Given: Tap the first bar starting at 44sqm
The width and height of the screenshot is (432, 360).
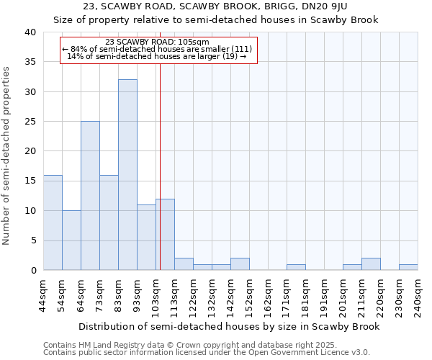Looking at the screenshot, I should click(x=53, y=222).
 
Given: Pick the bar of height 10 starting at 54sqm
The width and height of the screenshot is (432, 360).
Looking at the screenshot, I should click(x=71, y=240).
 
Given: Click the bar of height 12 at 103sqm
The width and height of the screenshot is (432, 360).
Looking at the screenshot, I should click(x=165, y=235).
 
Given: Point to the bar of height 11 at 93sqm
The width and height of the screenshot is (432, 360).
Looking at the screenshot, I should click(x=146, y=238).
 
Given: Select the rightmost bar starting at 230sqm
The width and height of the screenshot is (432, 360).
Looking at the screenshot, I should click(x=408, y=267).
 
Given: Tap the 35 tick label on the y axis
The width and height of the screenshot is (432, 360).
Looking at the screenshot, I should click(x=30, y=62).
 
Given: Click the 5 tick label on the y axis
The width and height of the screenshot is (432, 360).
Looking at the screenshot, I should click(x=33, y=240).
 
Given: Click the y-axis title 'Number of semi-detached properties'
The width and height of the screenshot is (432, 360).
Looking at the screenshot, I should click(x=7, y=156).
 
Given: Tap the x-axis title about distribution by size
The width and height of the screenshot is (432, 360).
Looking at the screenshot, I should click(x=228, y=326).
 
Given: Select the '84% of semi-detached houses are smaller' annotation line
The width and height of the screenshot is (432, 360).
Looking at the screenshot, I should click(x=157, y=49).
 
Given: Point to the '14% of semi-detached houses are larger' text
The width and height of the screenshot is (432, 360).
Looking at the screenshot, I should click(x=156, y=56).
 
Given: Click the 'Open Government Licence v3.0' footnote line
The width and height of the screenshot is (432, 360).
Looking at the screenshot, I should click(x=207, y=352).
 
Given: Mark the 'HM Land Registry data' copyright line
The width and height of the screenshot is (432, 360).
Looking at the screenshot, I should click(x=185, y=345).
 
